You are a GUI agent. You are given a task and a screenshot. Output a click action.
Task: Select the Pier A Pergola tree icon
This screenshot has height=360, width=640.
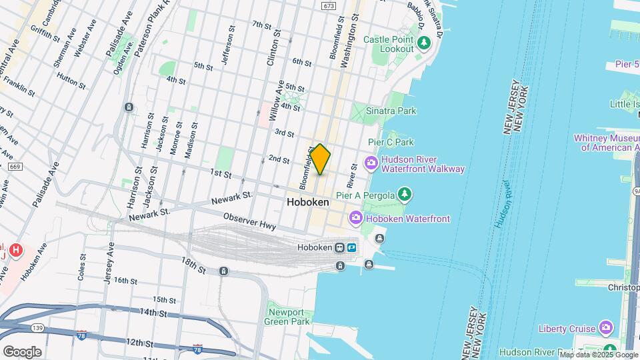click(404, 195)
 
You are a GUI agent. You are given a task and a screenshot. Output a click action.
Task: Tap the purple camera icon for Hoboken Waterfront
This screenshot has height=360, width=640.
click(356, 218)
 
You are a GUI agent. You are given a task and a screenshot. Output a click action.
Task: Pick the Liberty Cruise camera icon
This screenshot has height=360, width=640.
click(605, 327)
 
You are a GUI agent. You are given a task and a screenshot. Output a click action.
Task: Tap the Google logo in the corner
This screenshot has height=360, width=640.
click(22, 351)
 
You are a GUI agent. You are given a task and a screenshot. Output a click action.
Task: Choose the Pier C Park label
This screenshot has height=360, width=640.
click(391, 142)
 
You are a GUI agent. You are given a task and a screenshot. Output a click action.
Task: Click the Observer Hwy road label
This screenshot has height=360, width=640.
click(250, 221)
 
